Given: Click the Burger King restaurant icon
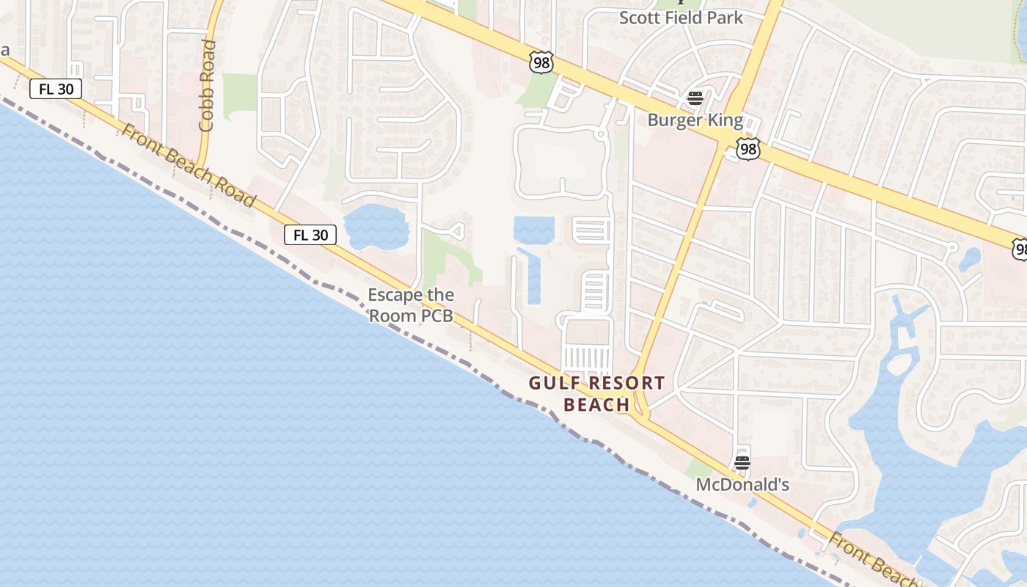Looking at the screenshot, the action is (x=695, y=98).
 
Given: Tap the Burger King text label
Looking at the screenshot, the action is (x=695, y=120).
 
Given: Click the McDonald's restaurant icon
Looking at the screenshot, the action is (x=742, y=462).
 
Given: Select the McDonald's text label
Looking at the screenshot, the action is (x=742, y=484).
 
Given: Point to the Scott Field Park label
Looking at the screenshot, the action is (x=681, y=18).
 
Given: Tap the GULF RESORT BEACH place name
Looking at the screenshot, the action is (x=596, y=393).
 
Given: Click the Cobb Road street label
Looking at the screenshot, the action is (x=208, y=86).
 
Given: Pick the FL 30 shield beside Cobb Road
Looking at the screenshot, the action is (x=56, y=89).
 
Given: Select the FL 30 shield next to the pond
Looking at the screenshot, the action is (x=310, y=235).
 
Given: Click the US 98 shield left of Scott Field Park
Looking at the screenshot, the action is (x=541, y=63).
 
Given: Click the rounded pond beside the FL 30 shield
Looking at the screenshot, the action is (x=376, y=226).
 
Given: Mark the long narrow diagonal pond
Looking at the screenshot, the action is (x=530, y=275).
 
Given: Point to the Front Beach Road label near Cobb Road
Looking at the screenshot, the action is (x=188, y=166).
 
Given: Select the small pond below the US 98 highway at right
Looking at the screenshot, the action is (x=970, y=259).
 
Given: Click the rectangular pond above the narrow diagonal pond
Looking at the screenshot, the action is (x=533, y=230).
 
